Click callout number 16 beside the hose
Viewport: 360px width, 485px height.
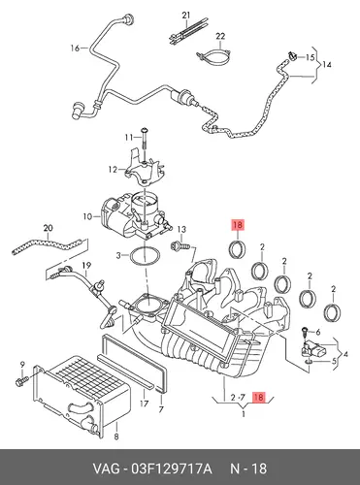[75, 48]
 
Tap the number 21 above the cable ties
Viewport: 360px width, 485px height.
[186, 16]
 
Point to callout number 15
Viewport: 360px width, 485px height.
[310, 57]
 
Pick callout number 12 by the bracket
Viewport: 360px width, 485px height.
[113, 169]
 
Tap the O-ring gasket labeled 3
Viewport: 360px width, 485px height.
[146, 257]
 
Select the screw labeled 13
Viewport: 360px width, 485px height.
[180, 246]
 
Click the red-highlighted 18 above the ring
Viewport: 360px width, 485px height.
[238, 225]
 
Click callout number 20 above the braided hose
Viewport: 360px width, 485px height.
[48, 228]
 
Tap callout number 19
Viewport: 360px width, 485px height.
[86, 266]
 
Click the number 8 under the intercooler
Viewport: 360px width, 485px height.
[116, 436]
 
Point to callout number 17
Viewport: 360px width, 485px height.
[144, 404]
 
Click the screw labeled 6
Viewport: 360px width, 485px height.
[305, 332]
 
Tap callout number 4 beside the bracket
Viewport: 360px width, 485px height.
[345, 355]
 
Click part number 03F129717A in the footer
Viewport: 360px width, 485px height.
[171, 469]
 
